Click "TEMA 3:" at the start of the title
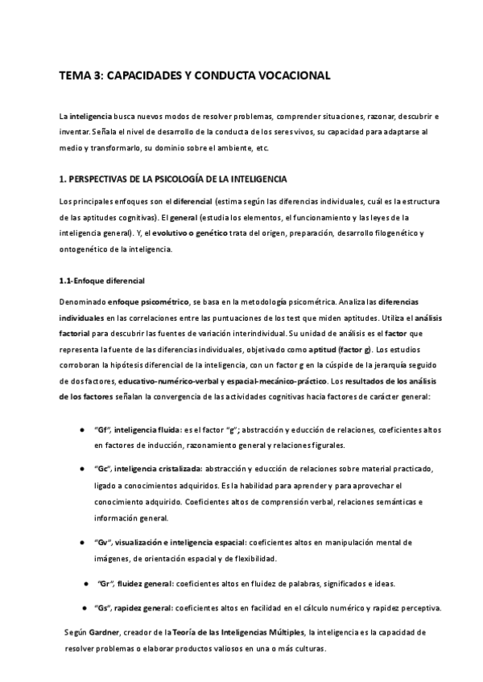tap(80, 76)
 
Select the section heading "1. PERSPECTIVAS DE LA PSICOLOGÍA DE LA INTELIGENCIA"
tap(173, 178)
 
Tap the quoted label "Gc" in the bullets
tap(103, 468)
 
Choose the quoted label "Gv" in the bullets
tap(103, 543)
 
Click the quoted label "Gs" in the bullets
tap(103, 607)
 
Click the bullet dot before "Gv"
tap(83, 543)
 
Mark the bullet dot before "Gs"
tap(83, 607)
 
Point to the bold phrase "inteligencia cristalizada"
tap(157, 468)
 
